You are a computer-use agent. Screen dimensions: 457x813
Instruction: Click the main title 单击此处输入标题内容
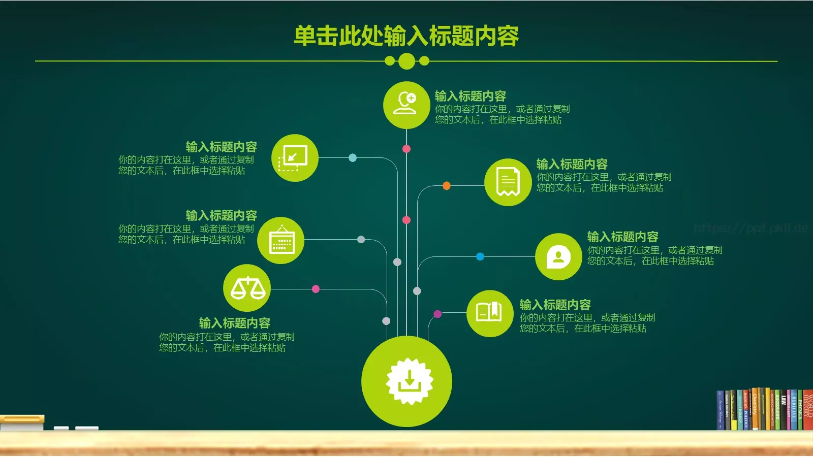pyautogui.click(x=406, y=36)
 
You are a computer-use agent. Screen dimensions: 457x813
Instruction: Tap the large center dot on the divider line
pyautogui.click(x=407, y=61)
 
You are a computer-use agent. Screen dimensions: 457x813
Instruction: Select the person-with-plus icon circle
pyautogui.click(x=406, y=105)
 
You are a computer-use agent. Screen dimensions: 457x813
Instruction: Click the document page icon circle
pyautogui.click(x=508, y=182)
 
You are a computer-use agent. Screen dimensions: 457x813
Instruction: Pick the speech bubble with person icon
pyautogui.click(x=558, y=256)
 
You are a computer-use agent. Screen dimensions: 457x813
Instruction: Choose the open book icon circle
pyautogui.click(x=489, y=313)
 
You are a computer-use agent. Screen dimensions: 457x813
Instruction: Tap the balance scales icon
pyautogui.click(x=247, y=288)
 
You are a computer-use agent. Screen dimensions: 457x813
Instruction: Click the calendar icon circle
pyautogui.click(x=280, y=240)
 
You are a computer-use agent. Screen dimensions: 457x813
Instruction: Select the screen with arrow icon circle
pyautogui.click(x=295, y=158)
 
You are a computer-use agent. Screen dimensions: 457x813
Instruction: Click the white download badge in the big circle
pyautogui.click(x=409, y=381)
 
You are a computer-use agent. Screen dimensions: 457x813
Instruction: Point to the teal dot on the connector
pyautogui.click(x=353, y=158)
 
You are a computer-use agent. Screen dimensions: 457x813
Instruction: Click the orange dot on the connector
pyautogui.click(x=446, y=186)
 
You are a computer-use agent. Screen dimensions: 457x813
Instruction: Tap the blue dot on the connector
pyautogui.click(x=480, y=256)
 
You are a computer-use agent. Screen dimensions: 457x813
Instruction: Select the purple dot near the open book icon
pyautogui.click(x=437, y=314)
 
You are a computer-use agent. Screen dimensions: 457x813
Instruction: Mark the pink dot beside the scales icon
pyautogui.click(x=316, y=289)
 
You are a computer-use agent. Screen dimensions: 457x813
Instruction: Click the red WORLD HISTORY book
pyautogui.click(x=808, y=410)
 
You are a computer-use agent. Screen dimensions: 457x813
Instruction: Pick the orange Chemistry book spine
pyautogui.click(x=755, y=409)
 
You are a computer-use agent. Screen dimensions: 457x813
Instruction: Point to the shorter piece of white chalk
pyautogui.click(x=61, y=428)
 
